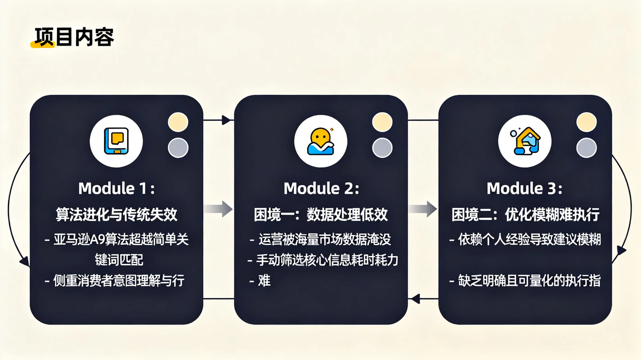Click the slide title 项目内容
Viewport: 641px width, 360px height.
click(x=74, y=37)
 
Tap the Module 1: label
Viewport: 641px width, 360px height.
click(x=117, y=189)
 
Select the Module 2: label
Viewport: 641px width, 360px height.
click(x=321, y=189)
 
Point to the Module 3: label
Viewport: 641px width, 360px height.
click(x=524, y=189)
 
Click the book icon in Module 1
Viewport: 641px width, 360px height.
click(x=116, y=141)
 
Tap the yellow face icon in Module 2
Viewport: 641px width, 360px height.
click(x=320, y=141)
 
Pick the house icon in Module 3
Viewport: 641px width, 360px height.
click(x=525, y=141)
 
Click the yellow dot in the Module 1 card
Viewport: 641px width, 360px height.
click(x=178, y=122)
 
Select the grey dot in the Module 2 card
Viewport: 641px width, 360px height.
click(x=382, y=148)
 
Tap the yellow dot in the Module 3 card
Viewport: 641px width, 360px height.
click(x=586, y=122)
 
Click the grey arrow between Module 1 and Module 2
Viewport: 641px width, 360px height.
click(x=218, y=209)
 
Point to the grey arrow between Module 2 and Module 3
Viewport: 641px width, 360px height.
click(x=423, y=209)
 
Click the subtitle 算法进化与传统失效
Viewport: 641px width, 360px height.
click(x=117, y=215)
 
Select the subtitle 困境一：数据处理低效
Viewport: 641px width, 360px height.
click(x=321, y=215)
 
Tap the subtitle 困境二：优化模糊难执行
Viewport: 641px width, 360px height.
click(x=525, y=215)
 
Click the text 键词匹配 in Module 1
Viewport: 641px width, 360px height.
click(x=119, y=260)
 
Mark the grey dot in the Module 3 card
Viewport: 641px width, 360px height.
click(x=586, y=148)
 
